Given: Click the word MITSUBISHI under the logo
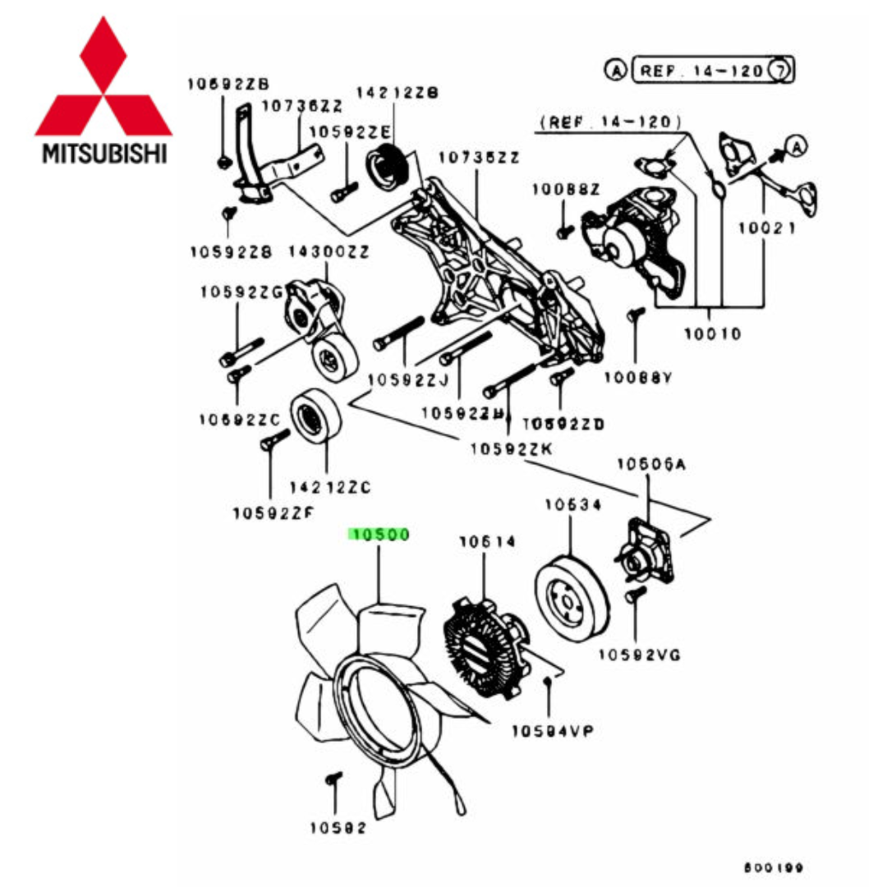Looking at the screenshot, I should (103, 154).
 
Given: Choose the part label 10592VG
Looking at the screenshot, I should (639, 654).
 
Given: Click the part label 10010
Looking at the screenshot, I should (712, 333).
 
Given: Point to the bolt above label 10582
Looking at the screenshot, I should (332, 779).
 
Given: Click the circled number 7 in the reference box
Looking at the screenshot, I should (779, 71).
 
